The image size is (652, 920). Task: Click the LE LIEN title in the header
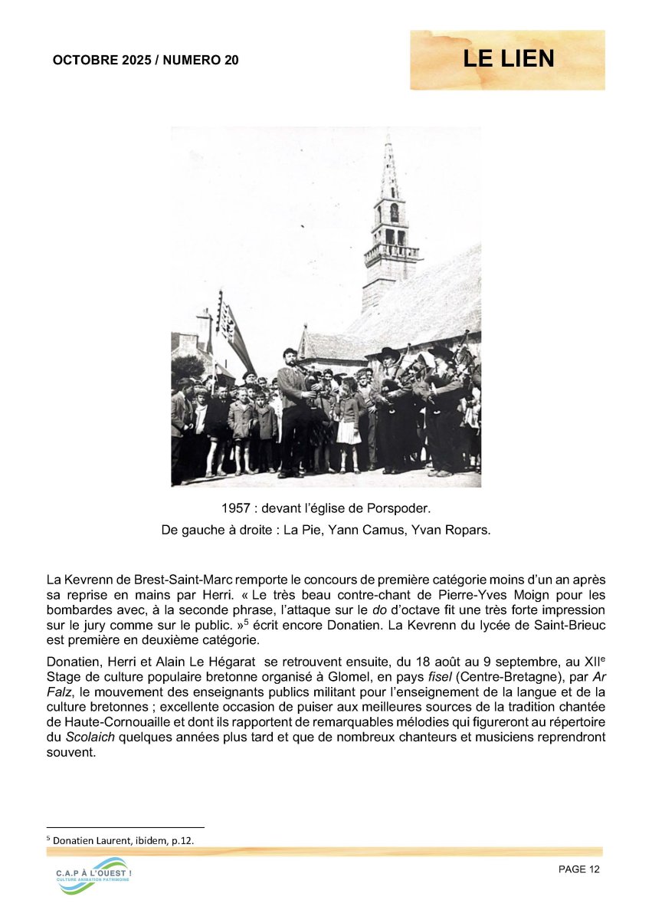click(508, 59)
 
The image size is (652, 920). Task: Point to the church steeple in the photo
click(391, 222)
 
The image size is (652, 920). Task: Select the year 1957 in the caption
click(236, 508)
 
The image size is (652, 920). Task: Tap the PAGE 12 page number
click(579, 869)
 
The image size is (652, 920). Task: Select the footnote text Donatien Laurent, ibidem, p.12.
click(123, 840)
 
